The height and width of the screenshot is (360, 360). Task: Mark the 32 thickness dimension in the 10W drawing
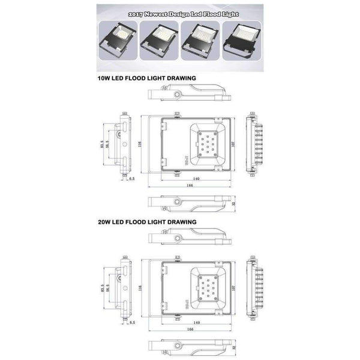(x=234, y=204)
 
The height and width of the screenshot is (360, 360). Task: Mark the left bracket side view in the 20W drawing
(x=124, y=287)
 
